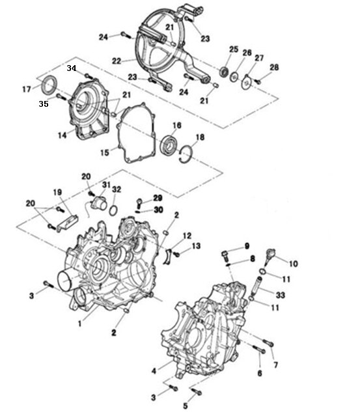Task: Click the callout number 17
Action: click(x=27, y=89)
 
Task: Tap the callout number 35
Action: click(x=44, y=104)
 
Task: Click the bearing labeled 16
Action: click(x=169, y=145)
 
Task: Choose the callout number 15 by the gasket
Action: click(x=105, y=152)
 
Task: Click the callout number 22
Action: click(x=117, y=61)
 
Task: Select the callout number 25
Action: click(x=234, y=49)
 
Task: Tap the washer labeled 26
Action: click(x=234, y=77)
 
